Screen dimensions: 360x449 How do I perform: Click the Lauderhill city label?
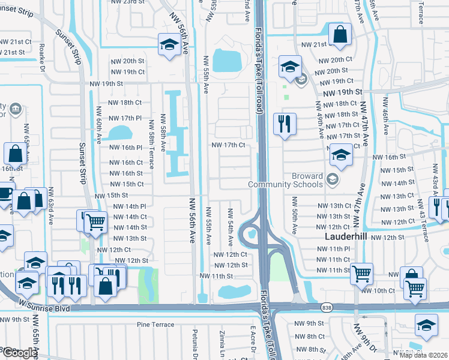click(340, 237)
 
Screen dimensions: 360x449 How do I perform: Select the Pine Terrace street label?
click(154, 325)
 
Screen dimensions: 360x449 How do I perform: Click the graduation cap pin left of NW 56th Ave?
click(169, 44)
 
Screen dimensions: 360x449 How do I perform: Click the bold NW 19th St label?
click(342, 93)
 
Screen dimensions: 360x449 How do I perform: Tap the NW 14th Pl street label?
click(130, 206)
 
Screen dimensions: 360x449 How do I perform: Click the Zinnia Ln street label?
click(221, 342)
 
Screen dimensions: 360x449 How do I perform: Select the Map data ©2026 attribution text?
click(423, 355)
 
